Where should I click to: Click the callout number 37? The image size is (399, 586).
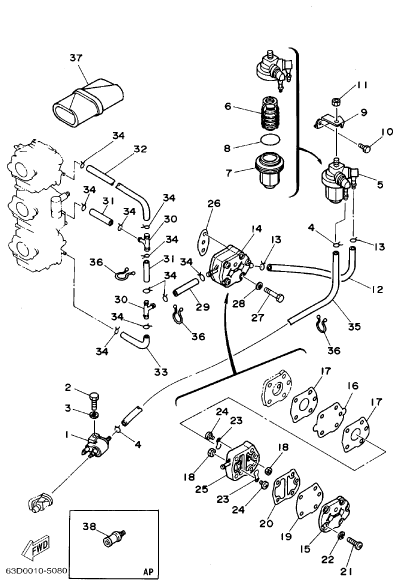click(x=75, y=58)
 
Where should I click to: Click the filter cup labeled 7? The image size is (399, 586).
click(x=268, y=171)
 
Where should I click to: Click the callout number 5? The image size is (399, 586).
click(x=380, y=184)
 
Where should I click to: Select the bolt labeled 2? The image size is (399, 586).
click(x=95, y=398)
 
